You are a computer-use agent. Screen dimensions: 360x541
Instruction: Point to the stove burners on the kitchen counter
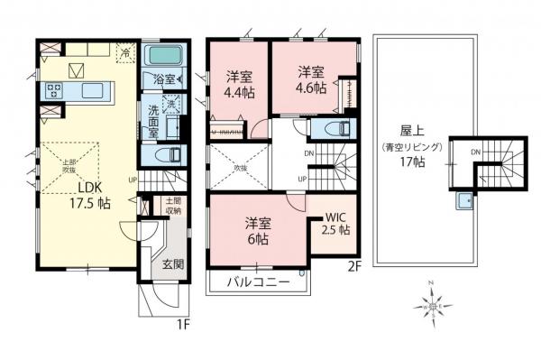point(53,90)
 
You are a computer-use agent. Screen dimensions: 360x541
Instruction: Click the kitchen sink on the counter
point(94,89)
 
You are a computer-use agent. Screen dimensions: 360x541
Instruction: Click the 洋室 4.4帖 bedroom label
point(239,83)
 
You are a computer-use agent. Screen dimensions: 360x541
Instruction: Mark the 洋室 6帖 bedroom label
point(257,232)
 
